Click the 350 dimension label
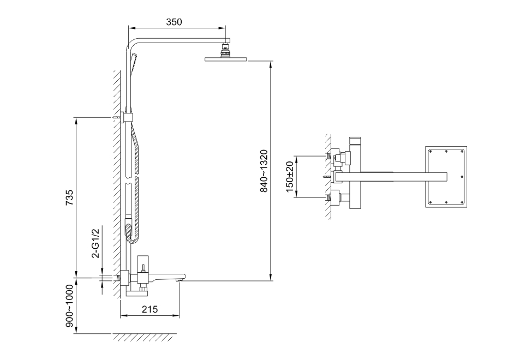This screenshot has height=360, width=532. click(x=174, y=22)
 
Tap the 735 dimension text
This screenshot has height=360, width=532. click(x=69, y=197)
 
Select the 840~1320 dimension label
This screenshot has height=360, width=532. click(x=264, y=171)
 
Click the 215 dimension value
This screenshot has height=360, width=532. click(x=150, y=309)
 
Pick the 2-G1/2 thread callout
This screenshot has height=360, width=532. click(x=97, y=243)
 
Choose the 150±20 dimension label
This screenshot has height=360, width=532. click(x=290, y=177)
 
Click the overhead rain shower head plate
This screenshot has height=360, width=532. click(x=226, y=59)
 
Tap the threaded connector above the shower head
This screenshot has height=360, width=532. click(x=225, y=50)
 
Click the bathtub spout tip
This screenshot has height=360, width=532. click(x=181, y=279)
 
